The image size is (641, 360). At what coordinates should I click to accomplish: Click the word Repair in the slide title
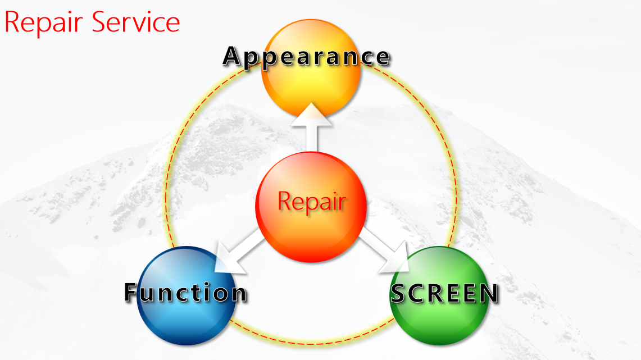point(44,23)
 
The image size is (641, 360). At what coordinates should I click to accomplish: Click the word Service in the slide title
point(136,22)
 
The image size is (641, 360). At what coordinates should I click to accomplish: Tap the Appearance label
point(307,56)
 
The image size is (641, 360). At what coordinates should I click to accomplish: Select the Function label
point(186,292)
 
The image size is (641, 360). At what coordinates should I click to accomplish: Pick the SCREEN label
point(445,293)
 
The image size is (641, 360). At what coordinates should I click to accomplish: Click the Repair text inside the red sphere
point(312,202)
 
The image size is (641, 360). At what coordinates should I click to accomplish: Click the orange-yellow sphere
point(311,68)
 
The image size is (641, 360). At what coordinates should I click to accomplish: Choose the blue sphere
point(187,296)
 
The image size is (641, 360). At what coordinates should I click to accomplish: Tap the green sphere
point(439,296)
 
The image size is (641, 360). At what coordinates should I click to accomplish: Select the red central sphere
point(311,207)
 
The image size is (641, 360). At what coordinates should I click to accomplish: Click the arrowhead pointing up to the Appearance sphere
point(311,115)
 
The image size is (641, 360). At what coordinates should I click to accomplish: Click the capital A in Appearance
point(232,56)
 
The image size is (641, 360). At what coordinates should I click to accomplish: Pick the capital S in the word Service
point(100,22)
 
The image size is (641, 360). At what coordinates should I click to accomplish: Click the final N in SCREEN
point(489,293)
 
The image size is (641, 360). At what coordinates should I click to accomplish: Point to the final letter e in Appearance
point(383,58)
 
